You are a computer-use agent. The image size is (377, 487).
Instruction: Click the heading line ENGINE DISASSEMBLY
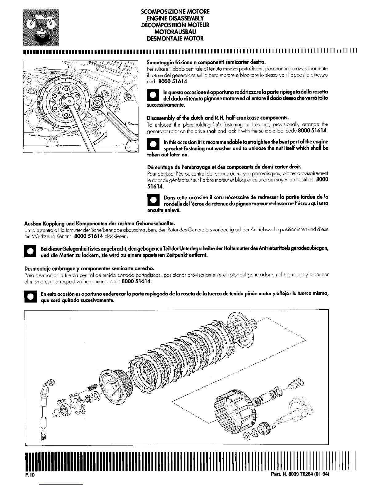click(175, 18)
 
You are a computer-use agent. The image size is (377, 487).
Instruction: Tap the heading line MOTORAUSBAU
click(175, 32)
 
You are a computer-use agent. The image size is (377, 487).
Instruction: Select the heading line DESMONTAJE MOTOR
click(175, 38)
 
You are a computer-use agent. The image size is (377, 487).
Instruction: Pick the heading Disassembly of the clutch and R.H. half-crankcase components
click(218, 118)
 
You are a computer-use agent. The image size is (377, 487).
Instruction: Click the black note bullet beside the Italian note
click(153, 95)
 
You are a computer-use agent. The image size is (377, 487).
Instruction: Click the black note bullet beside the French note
click(153, 200)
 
